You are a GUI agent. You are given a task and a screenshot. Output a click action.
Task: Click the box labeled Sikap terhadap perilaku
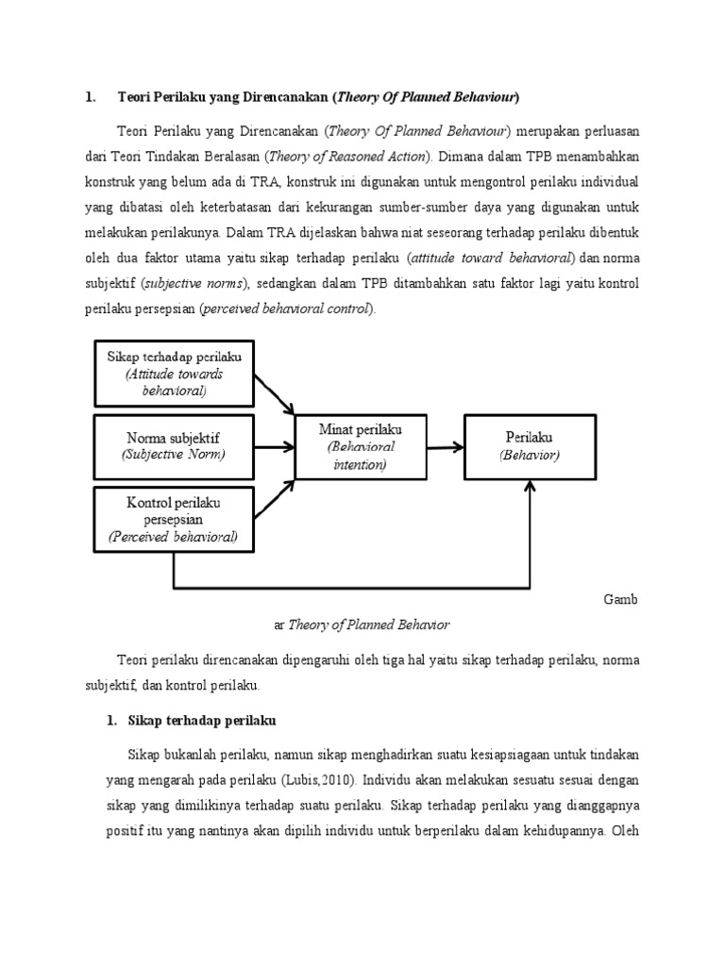[x=174, y=373]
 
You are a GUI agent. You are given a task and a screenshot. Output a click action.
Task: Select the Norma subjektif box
[x=174, y=445]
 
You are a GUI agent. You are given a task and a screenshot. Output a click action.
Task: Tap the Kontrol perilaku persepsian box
[x=174, y=519]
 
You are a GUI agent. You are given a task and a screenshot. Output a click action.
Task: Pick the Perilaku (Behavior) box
[x=529, y=445]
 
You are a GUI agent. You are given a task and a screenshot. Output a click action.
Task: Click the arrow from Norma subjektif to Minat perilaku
[x=275, y=445]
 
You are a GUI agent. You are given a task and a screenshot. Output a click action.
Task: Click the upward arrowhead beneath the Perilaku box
[x=530, y=487]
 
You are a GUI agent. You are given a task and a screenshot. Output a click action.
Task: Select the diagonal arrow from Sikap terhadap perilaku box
[x=275, y=391]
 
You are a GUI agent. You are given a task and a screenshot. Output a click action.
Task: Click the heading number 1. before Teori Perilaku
[x=91, y=96]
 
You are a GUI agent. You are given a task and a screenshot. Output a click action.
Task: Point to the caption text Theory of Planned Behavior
[x=368, y=624]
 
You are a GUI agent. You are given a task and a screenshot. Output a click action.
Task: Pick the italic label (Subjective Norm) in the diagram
[x=174, y=455]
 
